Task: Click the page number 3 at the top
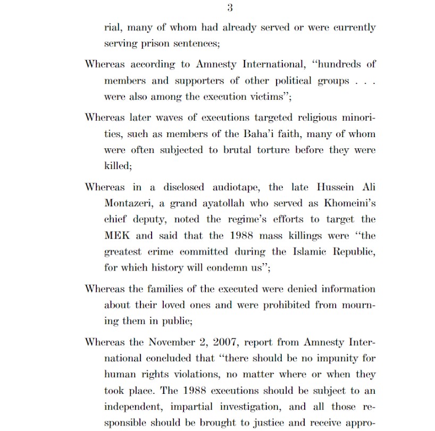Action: coord(230,7)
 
